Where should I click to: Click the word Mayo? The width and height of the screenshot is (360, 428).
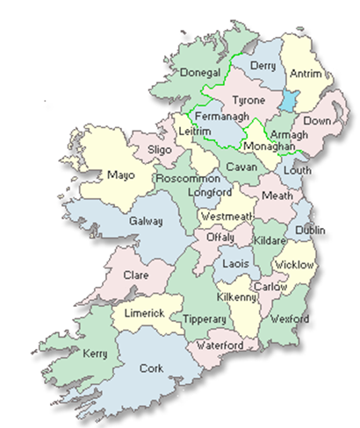120,175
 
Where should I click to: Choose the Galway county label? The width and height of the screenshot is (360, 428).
147,221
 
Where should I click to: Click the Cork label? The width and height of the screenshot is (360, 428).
151,368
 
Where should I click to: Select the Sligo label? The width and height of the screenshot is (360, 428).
159,151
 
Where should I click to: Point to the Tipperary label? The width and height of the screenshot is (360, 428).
203,320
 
